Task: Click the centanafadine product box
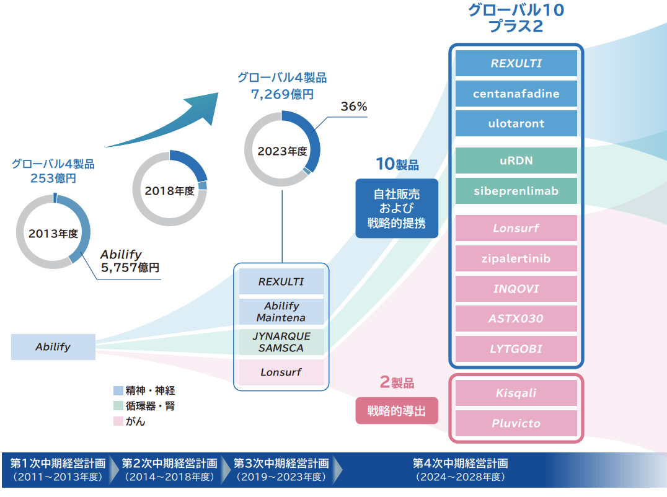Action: (516, 94)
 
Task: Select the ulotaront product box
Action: (516, 123)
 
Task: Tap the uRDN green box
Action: (516, 161)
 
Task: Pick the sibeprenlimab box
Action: (516, 191)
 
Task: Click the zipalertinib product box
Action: (516, 258)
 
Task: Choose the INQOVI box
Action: (516, 289)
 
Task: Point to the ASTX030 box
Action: (516, 319)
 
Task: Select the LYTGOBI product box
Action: (516, 349)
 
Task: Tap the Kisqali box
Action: (516, 393)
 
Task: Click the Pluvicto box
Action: (516, 423)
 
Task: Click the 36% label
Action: (354, 107)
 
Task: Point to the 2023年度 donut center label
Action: (282, 151)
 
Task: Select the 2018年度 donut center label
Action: (169, 191)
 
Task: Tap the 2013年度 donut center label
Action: (53, 234)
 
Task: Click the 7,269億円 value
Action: (282, 94)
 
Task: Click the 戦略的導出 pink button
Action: (397, 411)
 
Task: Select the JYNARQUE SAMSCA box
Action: (282, 341)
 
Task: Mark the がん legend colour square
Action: (118, 421)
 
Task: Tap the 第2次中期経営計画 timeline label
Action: (169, 463)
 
